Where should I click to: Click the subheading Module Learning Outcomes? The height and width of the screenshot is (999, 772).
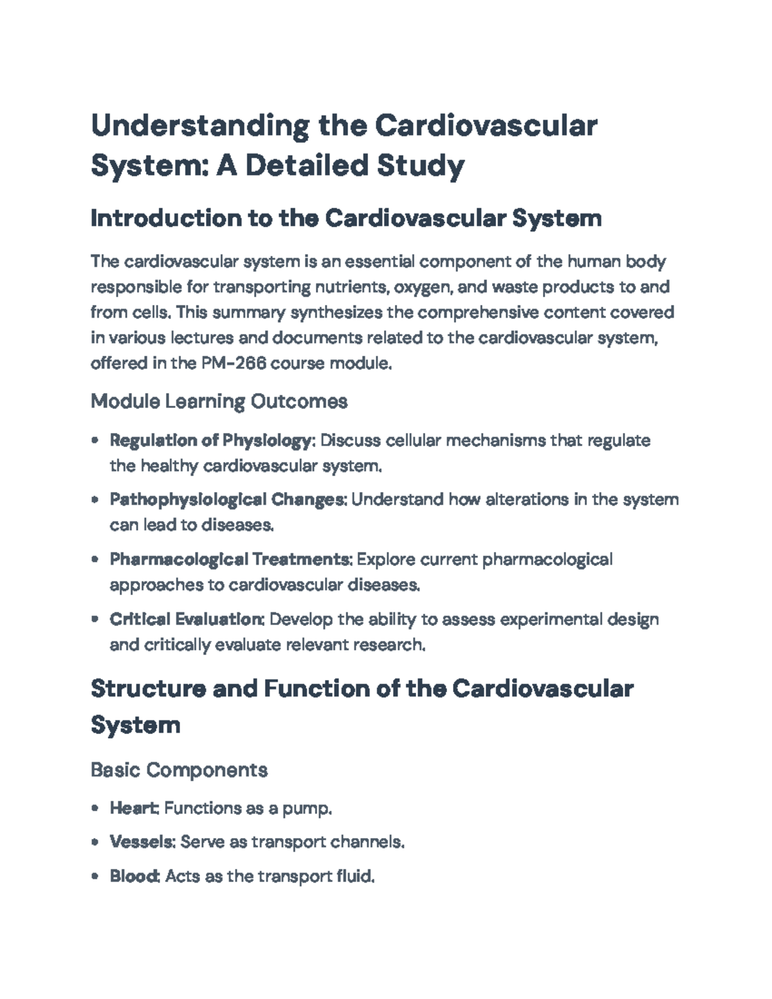219,401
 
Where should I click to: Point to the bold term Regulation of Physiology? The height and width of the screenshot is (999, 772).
210,441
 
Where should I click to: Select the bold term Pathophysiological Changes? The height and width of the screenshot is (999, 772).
228,500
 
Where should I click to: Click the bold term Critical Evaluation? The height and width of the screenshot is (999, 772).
186,619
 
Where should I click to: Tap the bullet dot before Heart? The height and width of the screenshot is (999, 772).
95,808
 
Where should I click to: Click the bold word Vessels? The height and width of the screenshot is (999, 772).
142,842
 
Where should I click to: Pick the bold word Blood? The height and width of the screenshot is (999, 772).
134,876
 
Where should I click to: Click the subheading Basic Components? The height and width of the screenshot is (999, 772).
179,770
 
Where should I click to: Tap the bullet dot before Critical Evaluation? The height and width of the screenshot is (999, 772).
95,619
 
